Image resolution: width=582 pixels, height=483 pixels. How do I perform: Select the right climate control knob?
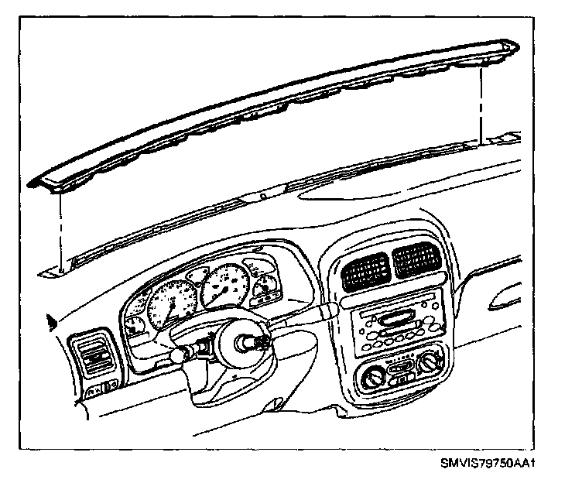[431, 359]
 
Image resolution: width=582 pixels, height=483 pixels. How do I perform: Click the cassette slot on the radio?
[396, 317]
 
